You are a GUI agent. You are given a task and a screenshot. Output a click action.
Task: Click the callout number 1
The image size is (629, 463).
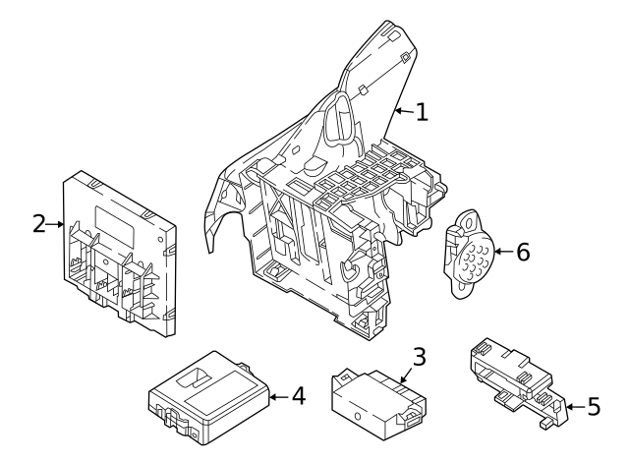pyautogui.click(x=421, y=112)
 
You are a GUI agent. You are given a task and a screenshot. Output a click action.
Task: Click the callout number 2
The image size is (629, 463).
pyautogui.click(x=38, y=224)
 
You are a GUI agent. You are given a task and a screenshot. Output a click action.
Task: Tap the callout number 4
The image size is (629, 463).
pyautogui.click(x=298, y=397)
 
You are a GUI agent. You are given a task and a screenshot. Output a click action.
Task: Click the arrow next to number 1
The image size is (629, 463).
pyautogui.click(x=403, y=113)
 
